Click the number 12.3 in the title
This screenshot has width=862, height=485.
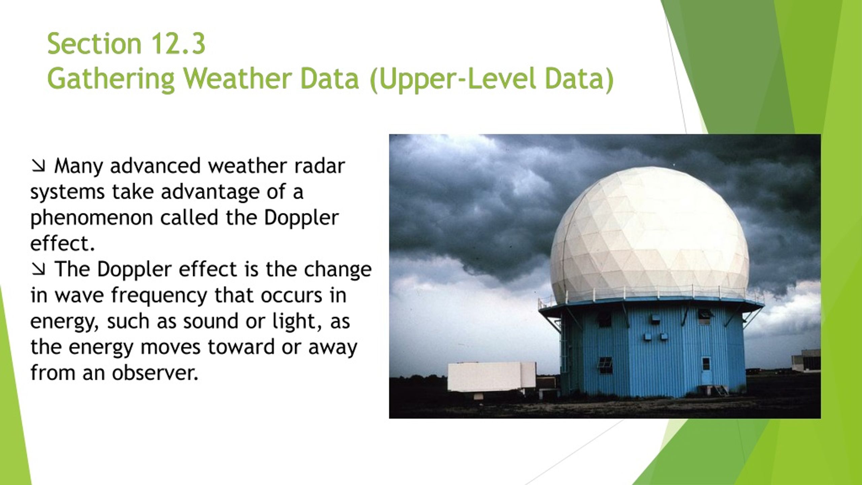click(x=178, y=44)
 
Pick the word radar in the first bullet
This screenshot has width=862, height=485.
click(x=320, y=166)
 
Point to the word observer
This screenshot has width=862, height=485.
click(x=155, y=373)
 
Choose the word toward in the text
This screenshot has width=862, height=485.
click(x=241, y=347)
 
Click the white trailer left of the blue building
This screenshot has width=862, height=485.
click(x=492, y=377)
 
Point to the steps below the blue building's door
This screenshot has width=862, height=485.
click(x=719, y=390)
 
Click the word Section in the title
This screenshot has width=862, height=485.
click(x=94, y=44)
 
